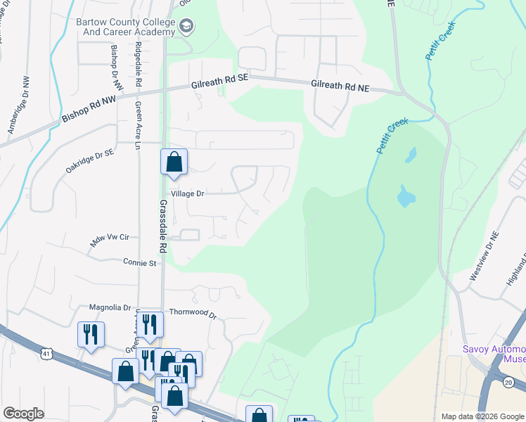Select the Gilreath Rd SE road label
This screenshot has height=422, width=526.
pyautogui.click(x=220, y=84)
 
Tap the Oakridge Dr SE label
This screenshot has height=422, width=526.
pyautogui.click(x=89, y=161)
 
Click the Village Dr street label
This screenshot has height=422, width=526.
pyautogui.click(x=186, y=193)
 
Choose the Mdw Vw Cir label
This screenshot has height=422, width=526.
pyautogui.click(x=110, y=241)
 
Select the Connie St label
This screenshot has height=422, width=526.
pyautogui.click(x=139, y=263)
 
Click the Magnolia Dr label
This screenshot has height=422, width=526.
pyautogui.click(x=110, y=307)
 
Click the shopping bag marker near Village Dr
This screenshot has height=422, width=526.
pyautogui.click(x=174, y=162)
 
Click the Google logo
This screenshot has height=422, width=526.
pyautogui.click(x=24, y=414)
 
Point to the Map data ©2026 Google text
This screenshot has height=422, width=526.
pyautogui.click(x=482, y=416)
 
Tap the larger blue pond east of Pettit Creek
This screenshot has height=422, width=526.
pyautogui.click(x=405, y=196)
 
